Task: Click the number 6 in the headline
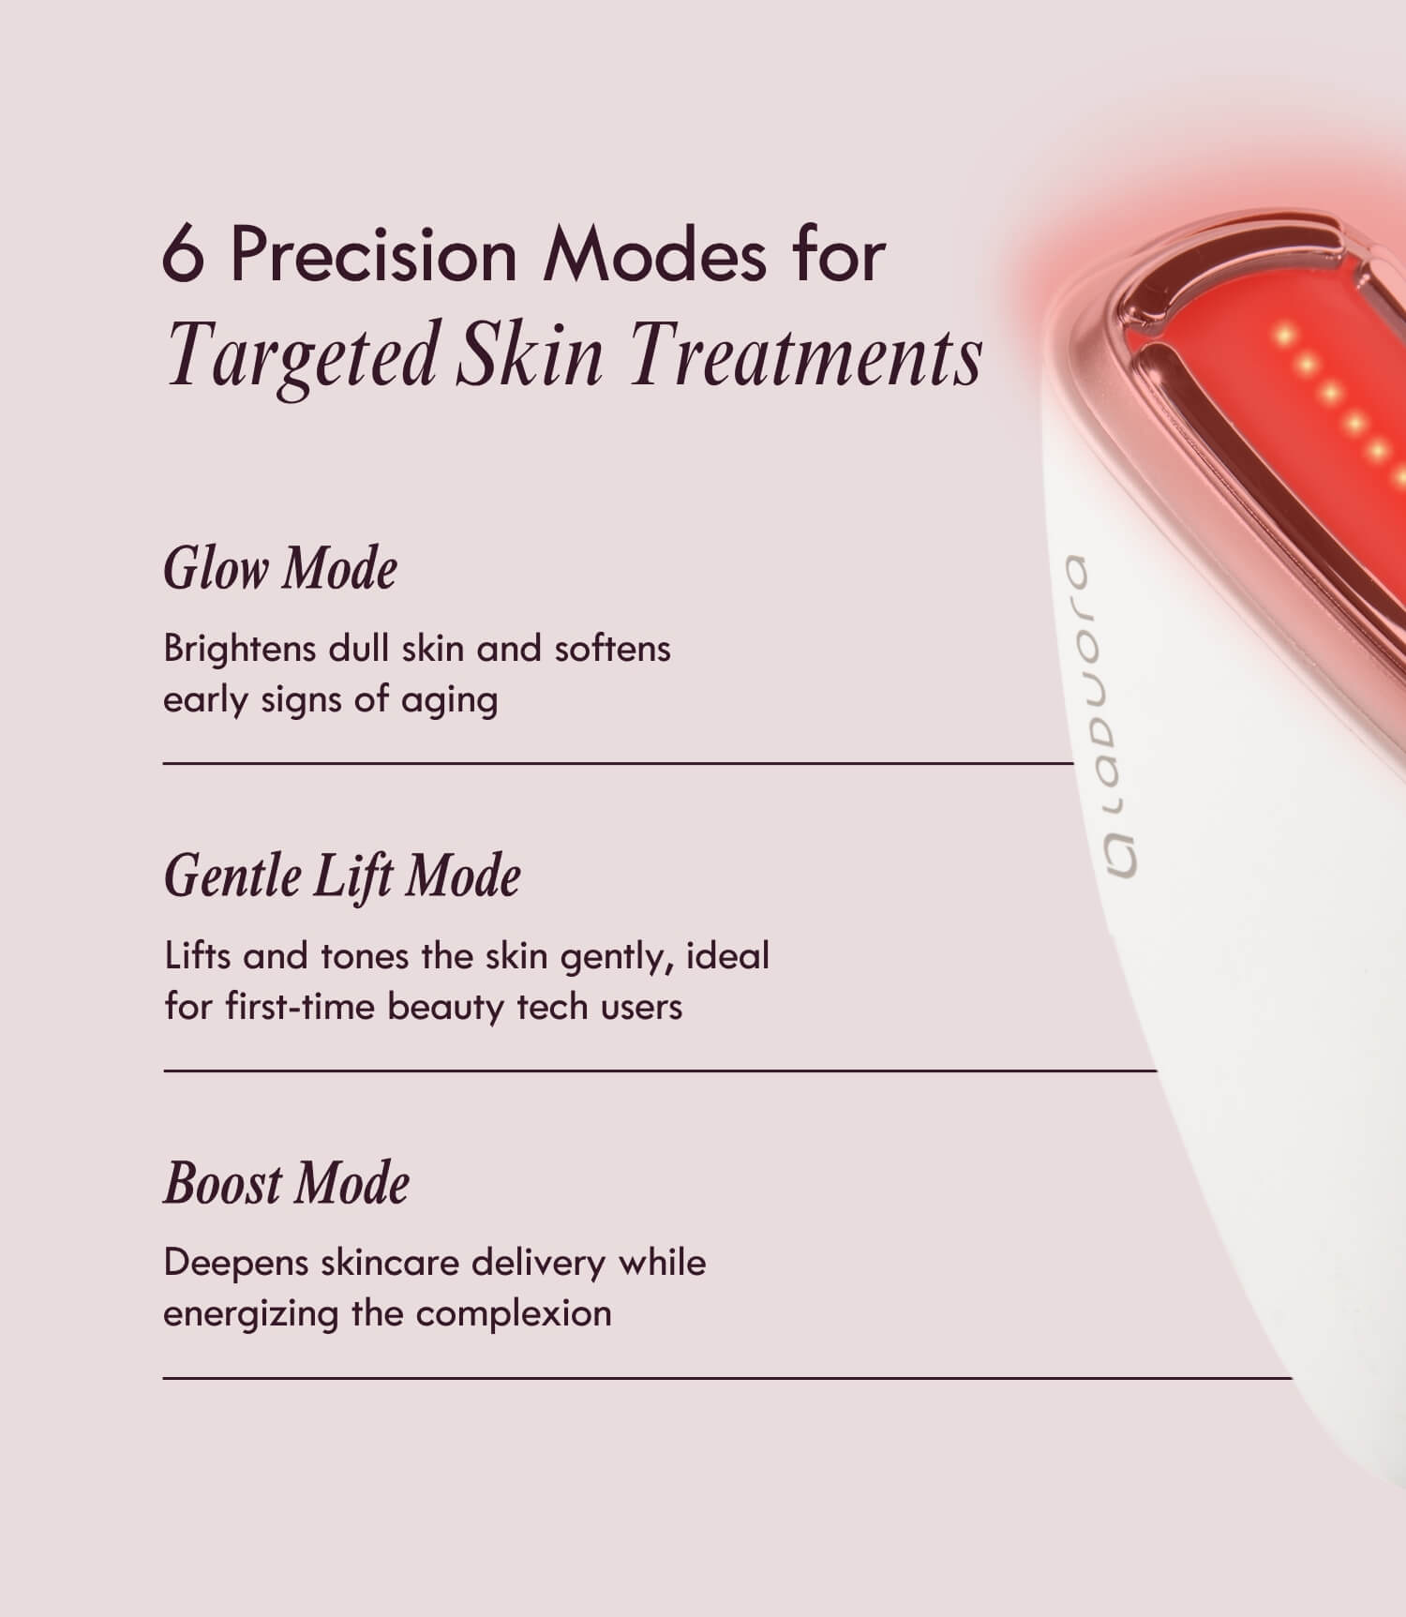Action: point(183,254)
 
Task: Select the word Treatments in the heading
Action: point(805,356)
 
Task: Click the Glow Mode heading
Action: point(280,569)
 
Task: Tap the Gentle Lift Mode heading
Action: point(342,877)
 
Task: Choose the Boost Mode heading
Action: point(287,1183)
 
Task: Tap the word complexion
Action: point(514,1314)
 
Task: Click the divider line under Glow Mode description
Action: point(619,764)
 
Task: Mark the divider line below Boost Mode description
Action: point(727,1378)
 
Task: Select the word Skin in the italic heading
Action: point(531,356)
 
